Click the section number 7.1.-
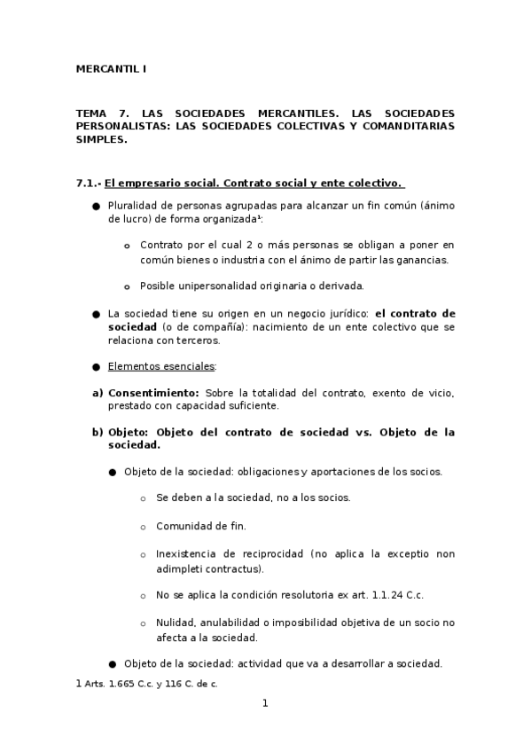coord(89,184)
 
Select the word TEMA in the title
coord(90,114)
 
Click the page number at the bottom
coord(264,703)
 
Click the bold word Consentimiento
coord(153,392)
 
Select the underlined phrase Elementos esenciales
coord(160,366)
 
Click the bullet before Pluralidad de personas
coord(96,207)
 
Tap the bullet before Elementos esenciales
coord(96,366)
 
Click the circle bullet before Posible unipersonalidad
coord(127,286)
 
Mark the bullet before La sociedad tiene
coord(96,314)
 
